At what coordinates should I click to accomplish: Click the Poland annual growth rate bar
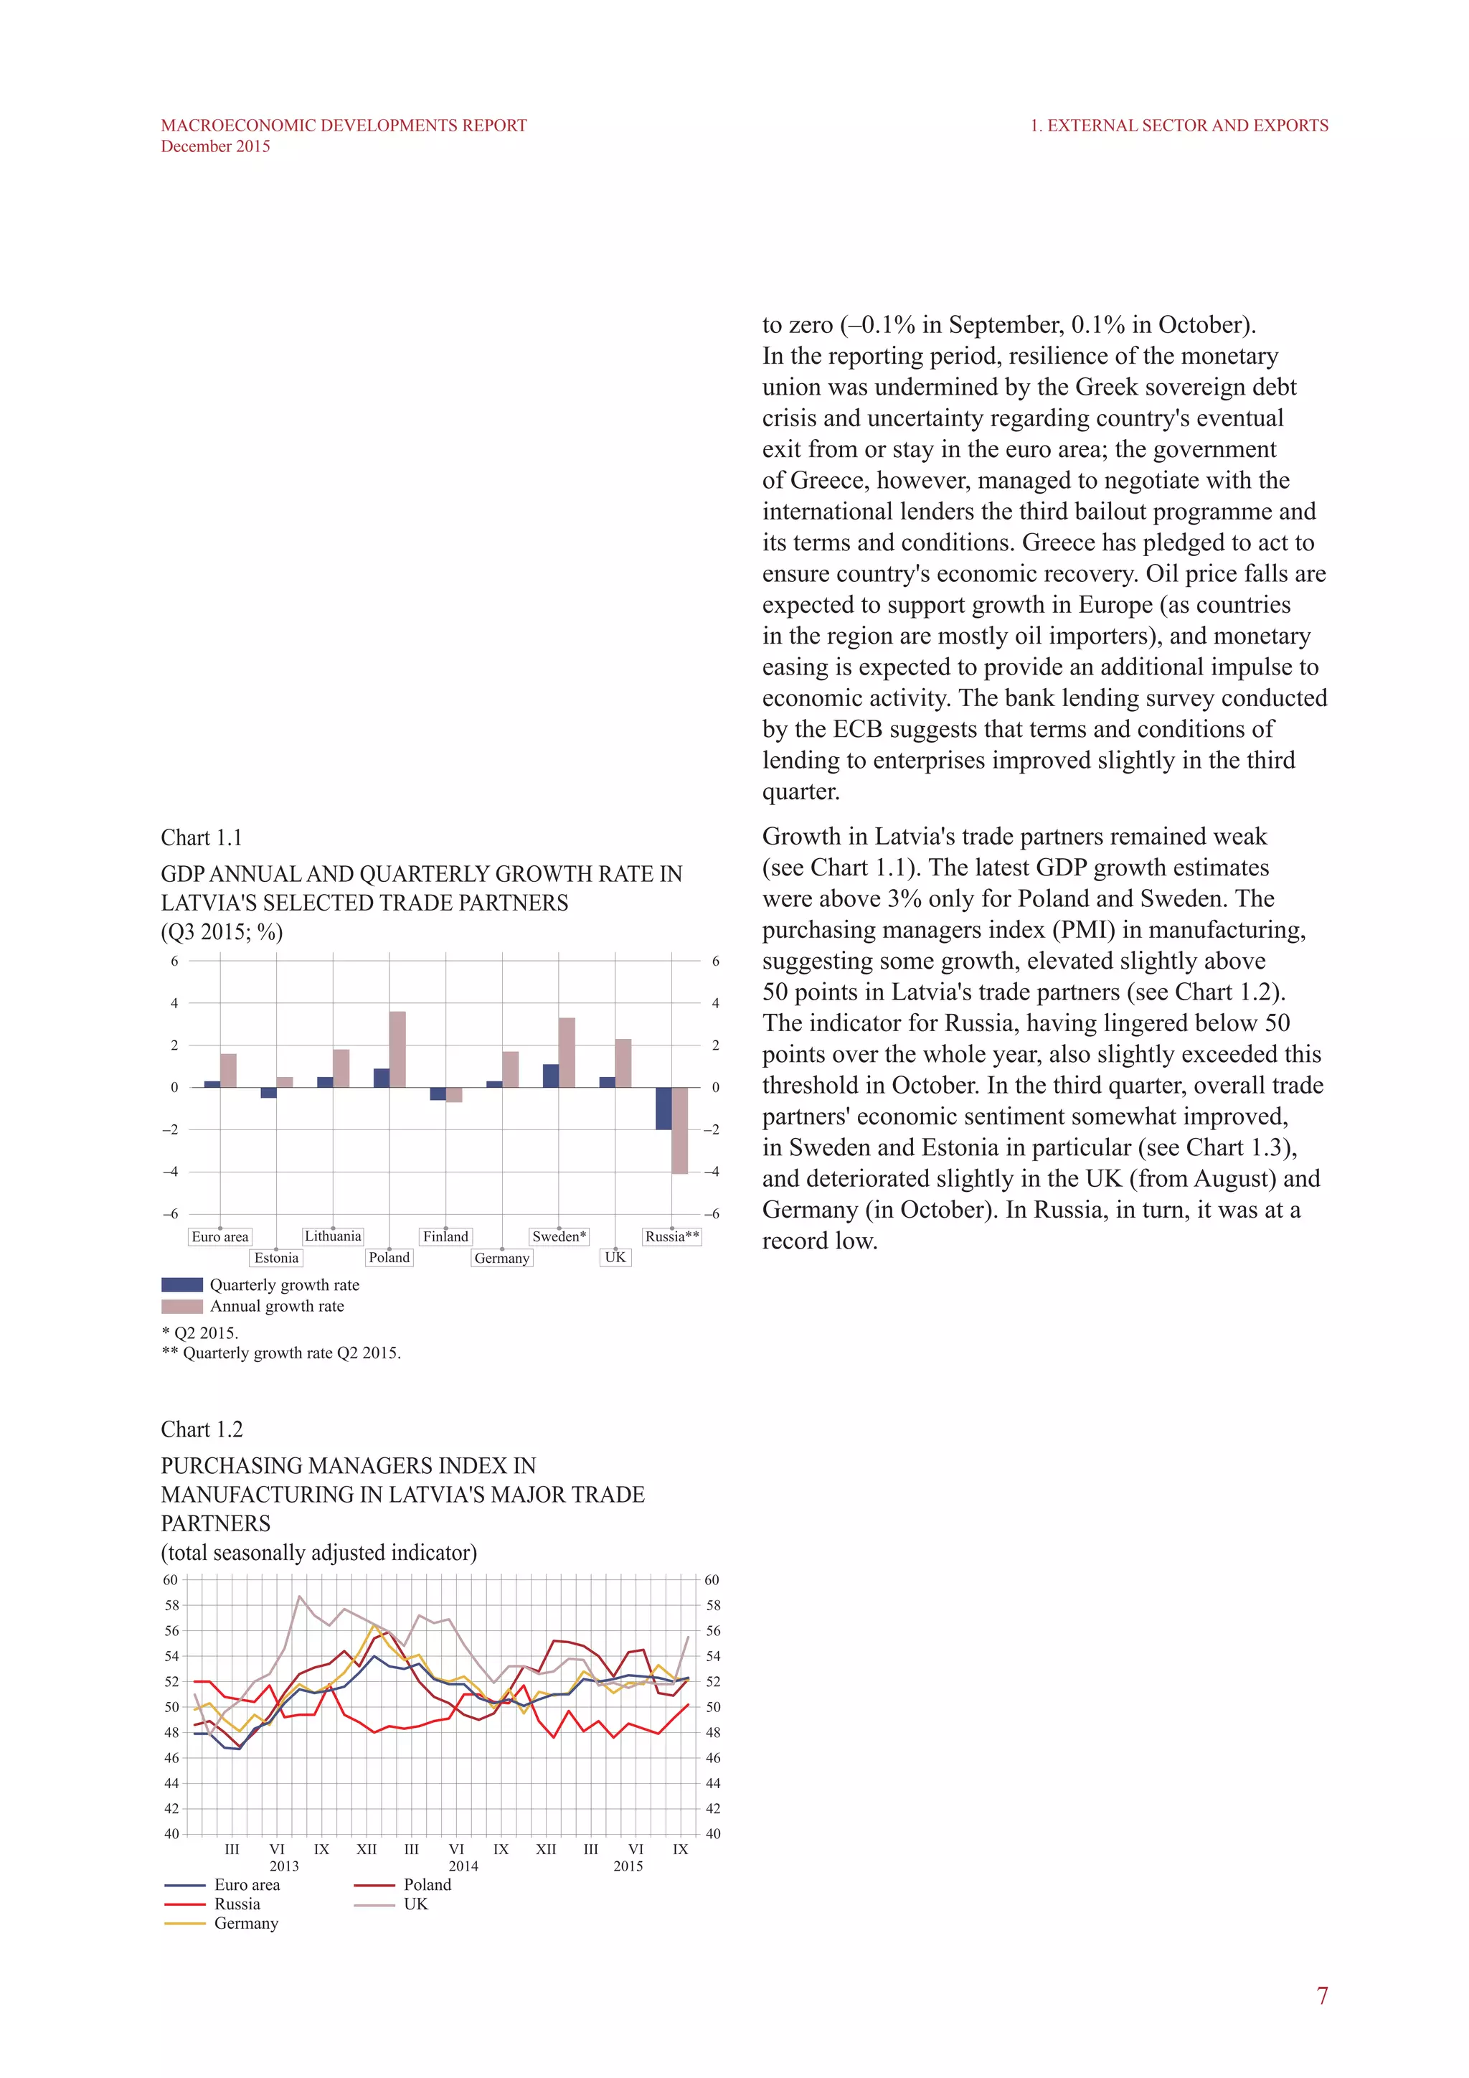pos(397,1049)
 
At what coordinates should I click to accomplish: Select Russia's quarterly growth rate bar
pos(663,1108)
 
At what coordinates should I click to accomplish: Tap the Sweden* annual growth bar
pos(566,1052)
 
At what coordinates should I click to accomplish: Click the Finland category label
pos(446,1236)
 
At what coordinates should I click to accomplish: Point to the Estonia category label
pos(276,1258)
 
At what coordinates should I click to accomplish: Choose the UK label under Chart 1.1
pos(615,1257)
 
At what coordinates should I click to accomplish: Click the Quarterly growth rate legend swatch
pos(181,1285)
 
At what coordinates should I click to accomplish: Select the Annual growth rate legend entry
pos(277,1306)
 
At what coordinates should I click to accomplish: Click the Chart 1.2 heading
pos(202,1429)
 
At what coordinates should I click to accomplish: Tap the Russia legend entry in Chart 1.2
pos(237,1904)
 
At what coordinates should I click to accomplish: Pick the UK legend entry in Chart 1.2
pos(415,1904)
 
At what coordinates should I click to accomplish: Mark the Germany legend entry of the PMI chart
pos(246,1923)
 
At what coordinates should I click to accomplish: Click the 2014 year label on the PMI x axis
pos(463,1866)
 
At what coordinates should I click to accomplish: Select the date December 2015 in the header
pos(215,146)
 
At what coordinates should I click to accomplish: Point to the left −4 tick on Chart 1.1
pos(170,1172)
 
